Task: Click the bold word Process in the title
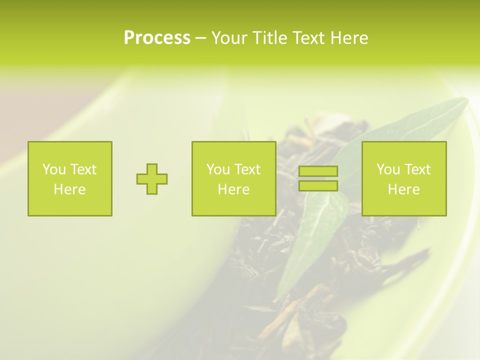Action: tap(157, 38)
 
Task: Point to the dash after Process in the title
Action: tap(200, 38)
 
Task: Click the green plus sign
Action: tap(152, 179)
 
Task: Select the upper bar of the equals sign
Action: tap(318, 171)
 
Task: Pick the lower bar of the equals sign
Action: tap(318, 186)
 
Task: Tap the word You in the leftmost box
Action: tap(53, 169)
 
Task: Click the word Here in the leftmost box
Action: tap(70, 189)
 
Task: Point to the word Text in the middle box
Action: tap(247, 169)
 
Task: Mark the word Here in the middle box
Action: tap(234, 189)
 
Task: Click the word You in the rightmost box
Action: tap(387, 169)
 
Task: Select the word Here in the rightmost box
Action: tap(404, 189)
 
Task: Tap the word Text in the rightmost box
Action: tap(417, 169)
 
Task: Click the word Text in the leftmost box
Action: tap(83, 169)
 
